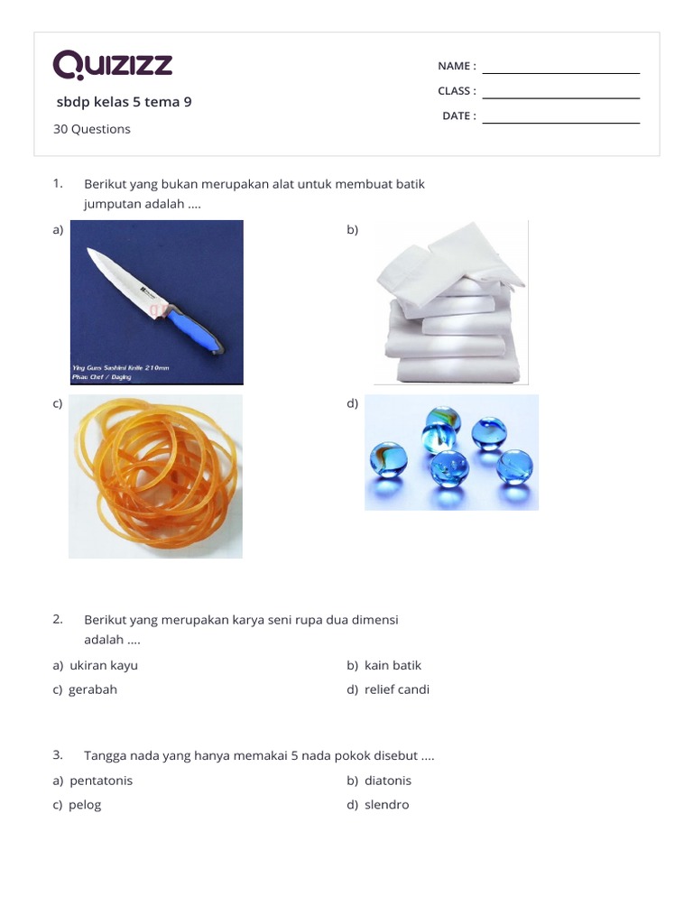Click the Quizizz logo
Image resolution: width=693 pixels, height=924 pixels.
pos(113,65)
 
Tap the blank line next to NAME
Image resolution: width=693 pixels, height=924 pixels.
pos(560,72)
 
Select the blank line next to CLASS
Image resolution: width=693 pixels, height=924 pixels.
pos(560,97)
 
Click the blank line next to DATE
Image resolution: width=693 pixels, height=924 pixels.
pos(560,123)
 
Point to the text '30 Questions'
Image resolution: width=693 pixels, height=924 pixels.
pos(91,129)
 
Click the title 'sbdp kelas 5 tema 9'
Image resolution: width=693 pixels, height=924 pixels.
pos(124,102)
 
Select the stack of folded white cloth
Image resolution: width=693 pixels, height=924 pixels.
pos(448,307)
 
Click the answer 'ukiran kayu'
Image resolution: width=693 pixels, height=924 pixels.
pos(104,665)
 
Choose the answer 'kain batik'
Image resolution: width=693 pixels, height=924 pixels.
pos(393,665)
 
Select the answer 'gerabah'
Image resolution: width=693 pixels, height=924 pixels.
pos(93,689)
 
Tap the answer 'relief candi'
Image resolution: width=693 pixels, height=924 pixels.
pos(397,689)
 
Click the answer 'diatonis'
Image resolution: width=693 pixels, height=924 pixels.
pos(388,781)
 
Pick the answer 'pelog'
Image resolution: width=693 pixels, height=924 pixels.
pos(85,805)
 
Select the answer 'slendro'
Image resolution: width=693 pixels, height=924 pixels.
pos(387,805)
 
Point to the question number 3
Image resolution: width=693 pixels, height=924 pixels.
pos(57,754)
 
